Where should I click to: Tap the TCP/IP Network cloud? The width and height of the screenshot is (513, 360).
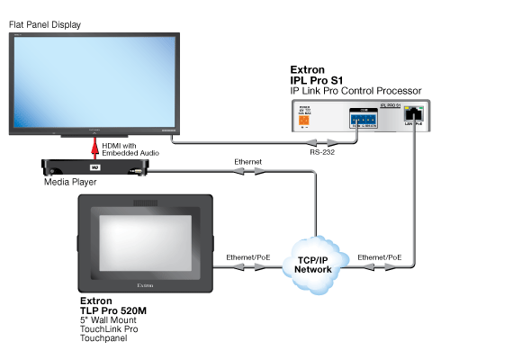tap(313, 263)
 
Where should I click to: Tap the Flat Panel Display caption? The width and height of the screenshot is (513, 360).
tap(47, 24)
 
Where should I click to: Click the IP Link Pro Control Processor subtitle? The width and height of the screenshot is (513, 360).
tap(356, 91)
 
